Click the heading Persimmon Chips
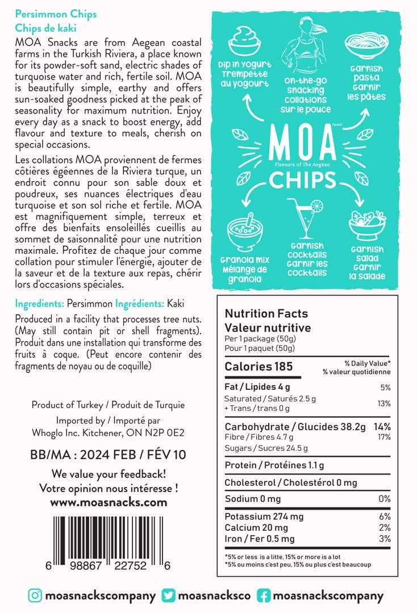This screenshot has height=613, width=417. pos(56,14)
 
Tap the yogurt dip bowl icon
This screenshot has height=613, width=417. pos(244,42)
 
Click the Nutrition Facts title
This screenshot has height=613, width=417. pos(266,313)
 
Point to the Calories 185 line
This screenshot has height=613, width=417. pos(258,367)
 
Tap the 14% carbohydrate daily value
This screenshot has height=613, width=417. pos(382,427)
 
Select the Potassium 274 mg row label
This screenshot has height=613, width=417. pos(264,517)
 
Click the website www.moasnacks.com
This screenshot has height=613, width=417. pos(109,502)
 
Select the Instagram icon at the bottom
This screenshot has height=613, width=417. pos(35,595)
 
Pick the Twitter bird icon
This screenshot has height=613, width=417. pos(169,595)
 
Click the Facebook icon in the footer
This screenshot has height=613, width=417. pos(264,595)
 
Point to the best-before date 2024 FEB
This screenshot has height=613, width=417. pos(108,455)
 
